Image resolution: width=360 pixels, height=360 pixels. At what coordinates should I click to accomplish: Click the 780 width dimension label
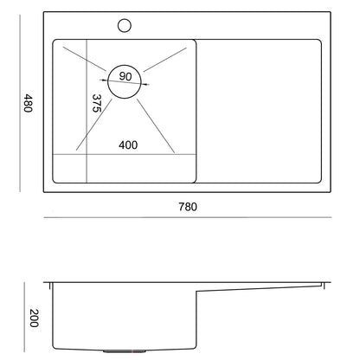(x=188, y=207)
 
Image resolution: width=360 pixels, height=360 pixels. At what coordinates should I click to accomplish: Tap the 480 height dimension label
(x=28, y=103)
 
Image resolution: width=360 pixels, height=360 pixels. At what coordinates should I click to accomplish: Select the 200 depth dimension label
(x=34, y=318)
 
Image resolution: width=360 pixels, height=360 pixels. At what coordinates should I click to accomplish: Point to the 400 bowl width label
(x=128, y=145)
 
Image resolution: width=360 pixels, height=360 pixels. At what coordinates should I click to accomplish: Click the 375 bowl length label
(x=97, y=103)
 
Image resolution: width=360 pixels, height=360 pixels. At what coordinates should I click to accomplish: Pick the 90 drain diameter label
(x=125, y=76)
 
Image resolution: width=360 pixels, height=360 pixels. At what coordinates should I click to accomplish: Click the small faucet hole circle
(x=125, y=25)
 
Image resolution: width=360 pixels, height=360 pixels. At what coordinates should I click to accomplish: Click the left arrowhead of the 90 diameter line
(x=103, y=80)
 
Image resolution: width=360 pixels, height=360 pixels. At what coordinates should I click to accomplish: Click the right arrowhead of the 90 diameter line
(x=146, y=84)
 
